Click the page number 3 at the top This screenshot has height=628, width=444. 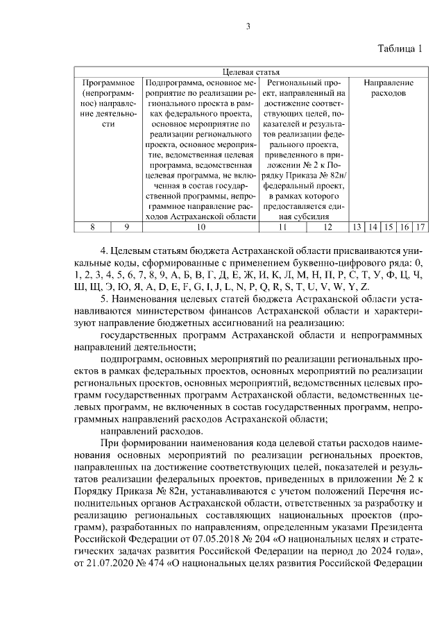tap(247, 27)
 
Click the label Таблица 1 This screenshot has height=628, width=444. tap(400, 49)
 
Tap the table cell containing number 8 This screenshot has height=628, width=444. tap(93, 227)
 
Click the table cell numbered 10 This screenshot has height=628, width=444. tap(200, 227)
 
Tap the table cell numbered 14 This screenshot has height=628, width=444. tap(373, 227)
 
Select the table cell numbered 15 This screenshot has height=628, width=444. tap(388, 227)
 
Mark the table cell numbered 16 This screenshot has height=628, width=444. tap(404, 227)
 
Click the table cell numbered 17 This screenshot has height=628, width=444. tap(420, 227)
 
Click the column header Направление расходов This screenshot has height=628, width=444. tap(388, 87)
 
